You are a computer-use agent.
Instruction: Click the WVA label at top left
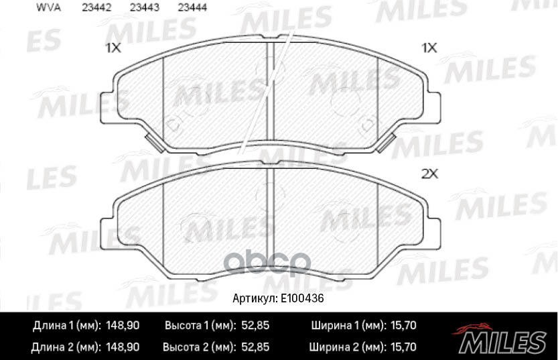point(42,8)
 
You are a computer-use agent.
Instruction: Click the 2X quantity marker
point(429,174)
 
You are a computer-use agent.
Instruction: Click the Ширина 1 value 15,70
point(402,326)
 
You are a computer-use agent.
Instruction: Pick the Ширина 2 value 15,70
point(402,347)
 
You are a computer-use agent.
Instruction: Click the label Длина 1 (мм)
point(66,326)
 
